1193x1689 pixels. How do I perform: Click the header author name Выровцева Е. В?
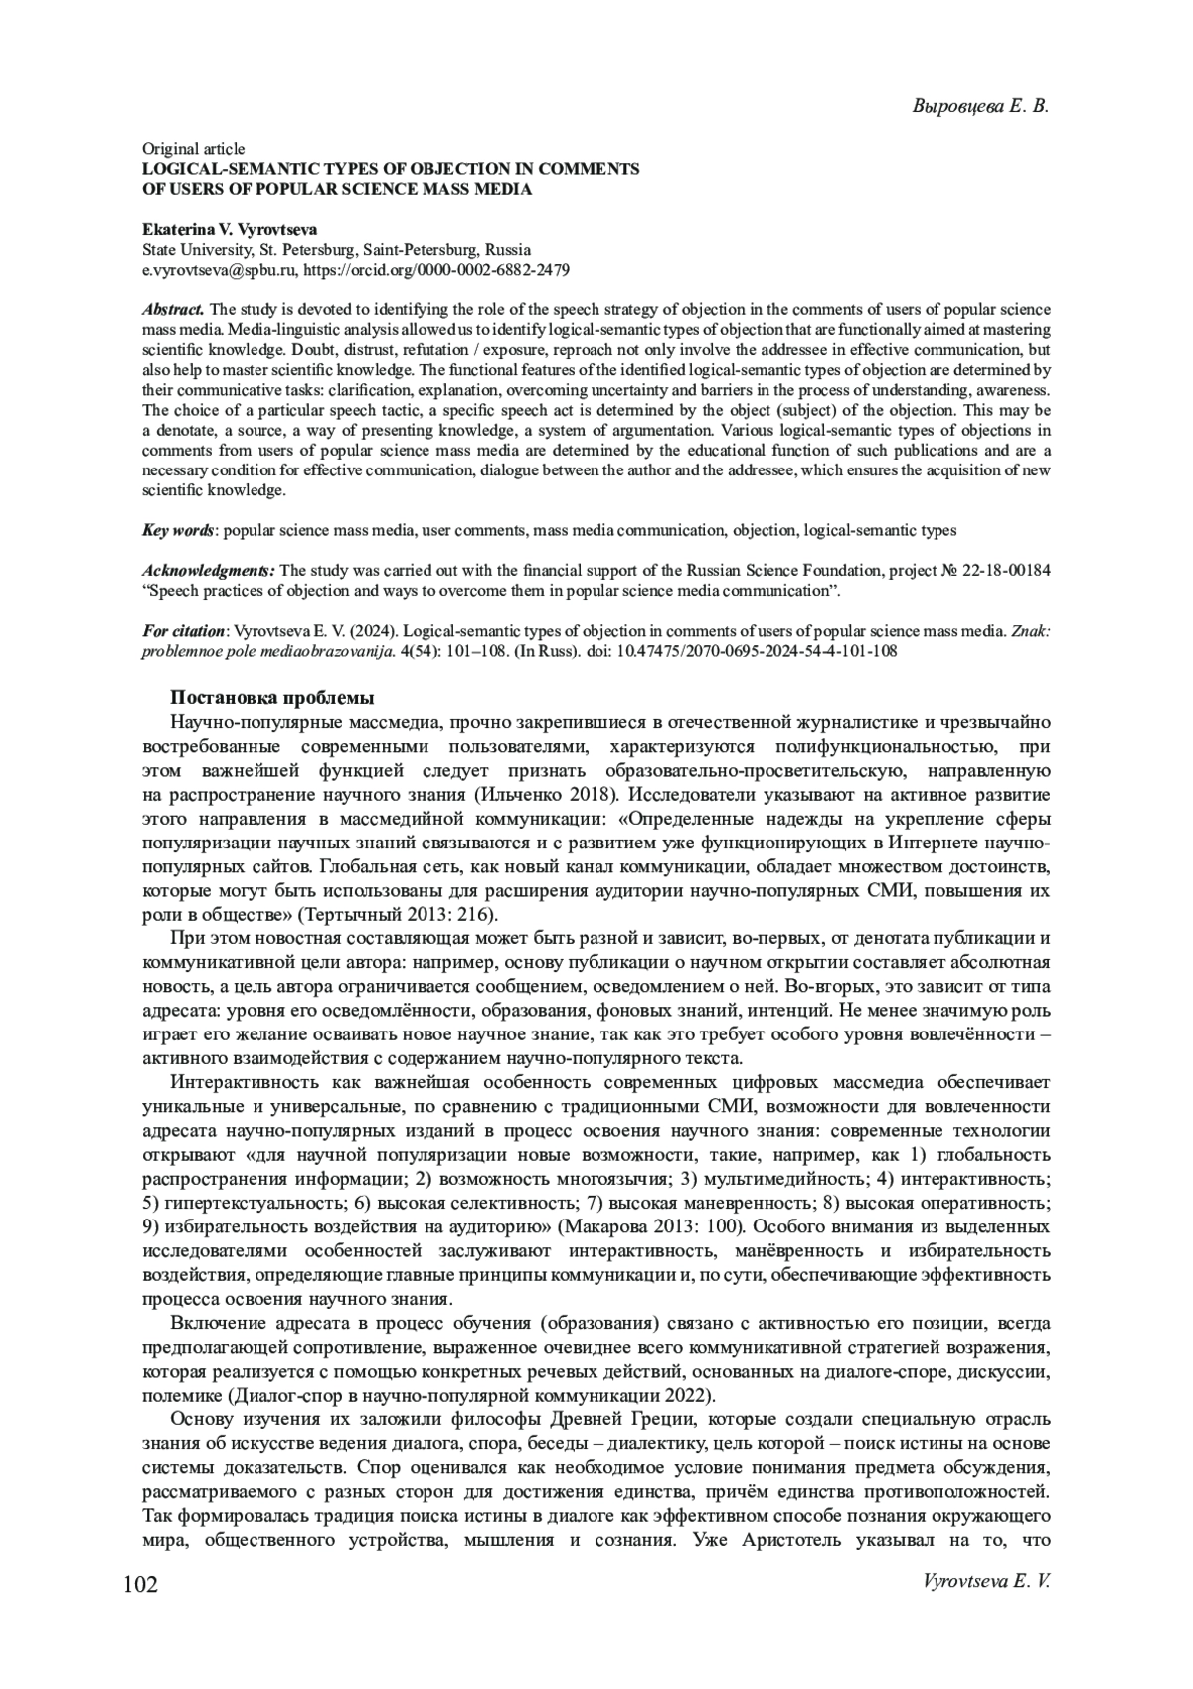point(981,106)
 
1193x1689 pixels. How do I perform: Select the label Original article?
point(193,149)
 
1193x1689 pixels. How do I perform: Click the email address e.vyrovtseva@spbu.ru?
point(218,269)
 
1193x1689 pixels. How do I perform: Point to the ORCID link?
point(436,269)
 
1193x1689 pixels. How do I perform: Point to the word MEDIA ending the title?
point(505,189)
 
